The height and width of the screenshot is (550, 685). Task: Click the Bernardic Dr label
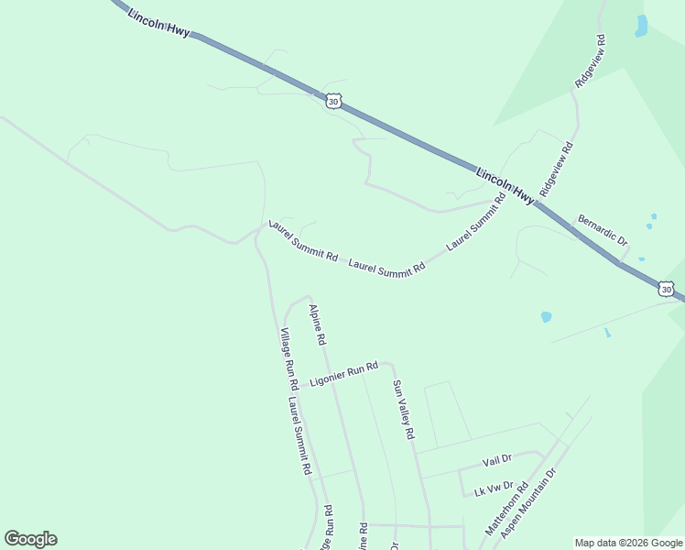tap(603, 230)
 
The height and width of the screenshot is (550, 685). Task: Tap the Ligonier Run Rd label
tap(343, 375)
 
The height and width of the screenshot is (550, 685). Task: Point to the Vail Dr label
tap(496, 459)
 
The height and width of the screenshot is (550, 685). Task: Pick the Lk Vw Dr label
tap(494, 489)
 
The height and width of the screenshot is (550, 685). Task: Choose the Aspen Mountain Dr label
tap(528, 510)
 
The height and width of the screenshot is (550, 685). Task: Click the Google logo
tap(30, 539)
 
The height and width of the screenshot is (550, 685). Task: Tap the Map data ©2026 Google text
tap(628, 543)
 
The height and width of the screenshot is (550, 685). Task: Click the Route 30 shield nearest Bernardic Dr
tap(667, 290)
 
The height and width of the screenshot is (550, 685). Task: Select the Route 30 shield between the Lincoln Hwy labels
tap(333, 101)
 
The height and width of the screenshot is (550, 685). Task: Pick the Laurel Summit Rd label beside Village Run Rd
tap(299, 434)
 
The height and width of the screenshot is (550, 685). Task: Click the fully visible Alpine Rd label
tap(318, 324)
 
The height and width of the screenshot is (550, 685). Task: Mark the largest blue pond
tap(641, 26)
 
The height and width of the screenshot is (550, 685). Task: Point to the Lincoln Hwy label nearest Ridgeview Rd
tap(505, 184)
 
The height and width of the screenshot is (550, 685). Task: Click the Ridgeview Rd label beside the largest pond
tap(591, 61)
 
